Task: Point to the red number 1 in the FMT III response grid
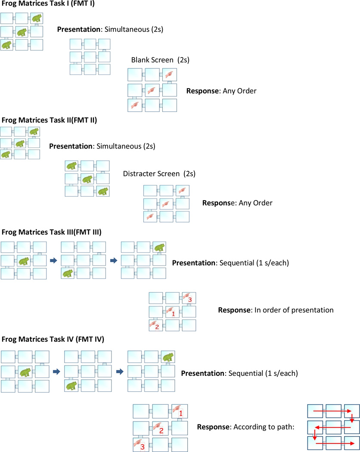pos(173,314)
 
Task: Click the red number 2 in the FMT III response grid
pos(157,328)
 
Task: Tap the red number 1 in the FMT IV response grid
pos(181,414)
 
